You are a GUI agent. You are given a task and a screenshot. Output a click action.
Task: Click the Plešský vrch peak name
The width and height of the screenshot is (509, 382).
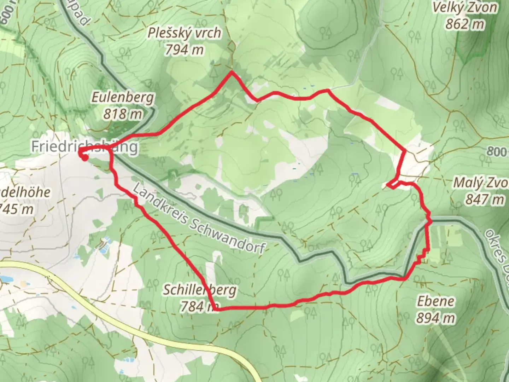point(185,33)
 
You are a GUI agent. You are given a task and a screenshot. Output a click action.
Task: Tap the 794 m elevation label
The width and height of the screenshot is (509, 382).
point(184,50)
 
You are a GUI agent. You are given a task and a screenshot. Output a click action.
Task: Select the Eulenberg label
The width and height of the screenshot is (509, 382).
point(123,97)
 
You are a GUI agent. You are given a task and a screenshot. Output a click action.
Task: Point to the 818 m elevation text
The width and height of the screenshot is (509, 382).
point(123,114)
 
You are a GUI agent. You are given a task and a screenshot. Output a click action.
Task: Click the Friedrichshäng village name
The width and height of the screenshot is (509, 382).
point(84,146)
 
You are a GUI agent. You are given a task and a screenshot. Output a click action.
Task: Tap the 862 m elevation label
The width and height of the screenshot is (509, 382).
point(464,24)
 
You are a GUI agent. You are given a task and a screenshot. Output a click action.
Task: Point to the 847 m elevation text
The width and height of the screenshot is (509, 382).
point(485,199)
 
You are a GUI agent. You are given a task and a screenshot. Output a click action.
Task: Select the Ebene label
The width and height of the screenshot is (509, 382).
point(435,301)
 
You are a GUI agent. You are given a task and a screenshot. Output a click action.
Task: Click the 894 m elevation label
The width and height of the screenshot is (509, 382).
point(435,318)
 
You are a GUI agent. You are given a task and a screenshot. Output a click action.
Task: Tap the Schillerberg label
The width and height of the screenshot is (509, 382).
point(199,290)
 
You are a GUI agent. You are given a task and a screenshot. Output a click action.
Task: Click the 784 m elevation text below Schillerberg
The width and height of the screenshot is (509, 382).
point(198,306)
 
